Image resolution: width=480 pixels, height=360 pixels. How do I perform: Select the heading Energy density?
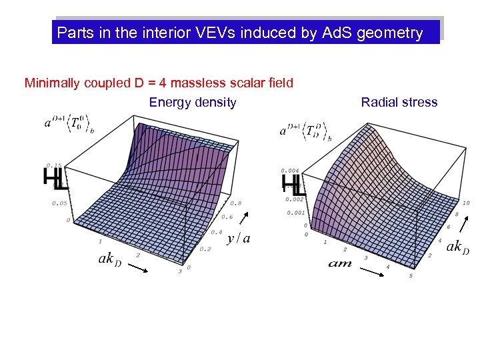pos(193,102)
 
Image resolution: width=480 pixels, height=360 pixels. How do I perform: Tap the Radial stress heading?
pos(399,102)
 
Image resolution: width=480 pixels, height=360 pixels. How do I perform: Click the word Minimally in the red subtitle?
pos(51,83)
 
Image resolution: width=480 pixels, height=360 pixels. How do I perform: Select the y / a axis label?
pos(239,238)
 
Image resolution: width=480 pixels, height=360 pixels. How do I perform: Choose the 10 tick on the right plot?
pos(465,202)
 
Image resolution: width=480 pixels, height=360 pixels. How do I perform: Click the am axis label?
pos(339,264)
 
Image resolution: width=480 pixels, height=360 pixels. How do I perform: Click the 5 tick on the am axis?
pos(411,275)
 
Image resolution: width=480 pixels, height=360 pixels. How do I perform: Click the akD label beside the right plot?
pos(457,247)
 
